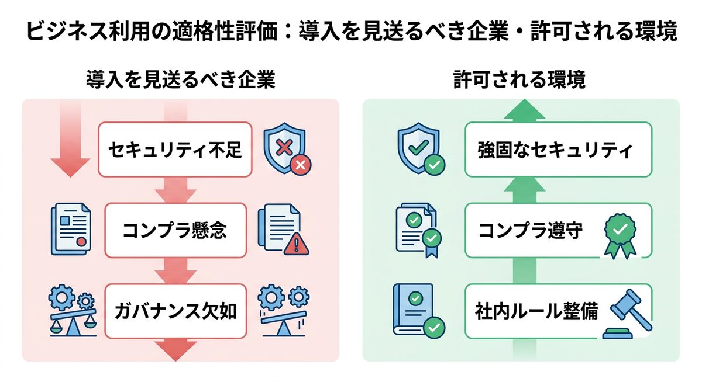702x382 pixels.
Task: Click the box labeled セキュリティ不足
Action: coord(175,150)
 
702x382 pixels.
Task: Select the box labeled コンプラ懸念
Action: coord(175,231)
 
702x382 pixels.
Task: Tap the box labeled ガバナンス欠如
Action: coord(175,311)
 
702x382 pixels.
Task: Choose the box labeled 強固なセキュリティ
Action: coord(558,150)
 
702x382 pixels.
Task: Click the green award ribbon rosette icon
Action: coord(619,234)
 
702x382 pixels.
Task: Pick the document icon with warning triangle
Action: coord(283,230)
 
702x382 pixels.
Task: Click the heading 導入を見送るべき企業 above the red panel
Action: coord(181,80)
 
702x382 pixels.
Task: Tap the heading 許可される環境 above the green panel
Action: coord(519,80)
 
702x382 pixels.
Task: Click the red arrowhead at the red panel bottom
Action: coord(175,350)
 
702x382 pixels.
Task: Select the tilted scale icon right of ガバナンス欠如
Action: coord(283,310)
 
